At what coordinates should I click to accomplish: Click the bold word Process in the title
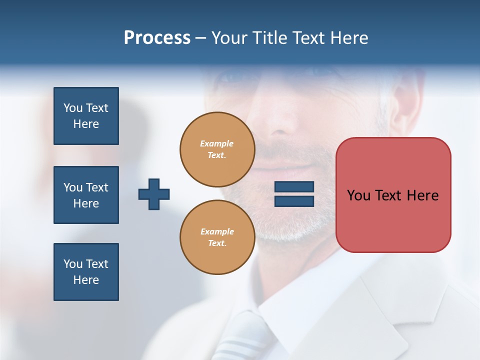pos(157,37)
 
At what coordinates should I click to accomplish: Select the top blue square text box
pos(86,116)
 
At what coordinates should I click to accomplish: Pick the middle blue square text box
pos(86,195)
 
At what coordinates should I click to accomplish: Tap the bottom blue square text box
pos(86,272)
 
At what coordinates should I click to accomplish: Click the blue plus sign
pos(154,194)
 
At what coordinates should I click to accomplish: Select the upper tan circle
pos(217,149)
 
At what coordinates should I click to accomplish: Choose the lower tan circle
pos(217,237)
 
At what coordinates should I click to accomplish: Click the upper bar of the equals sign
pos(294,187)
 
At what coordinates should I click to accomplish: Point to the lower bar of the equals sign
pos(294,201)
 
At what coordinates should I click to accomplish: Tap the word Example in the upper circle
pos(217,143)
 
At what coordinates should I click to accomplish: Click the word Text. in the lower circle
pos(217,243)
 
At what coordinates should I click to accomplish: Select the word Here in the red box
pos(423,195)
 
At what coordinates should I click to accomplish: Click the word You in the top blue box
pos(73,108)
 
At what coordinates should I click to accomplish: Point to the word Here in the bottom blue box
pos(86,280)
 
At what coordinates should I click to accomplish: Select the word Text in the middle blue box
pos(97,187)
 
